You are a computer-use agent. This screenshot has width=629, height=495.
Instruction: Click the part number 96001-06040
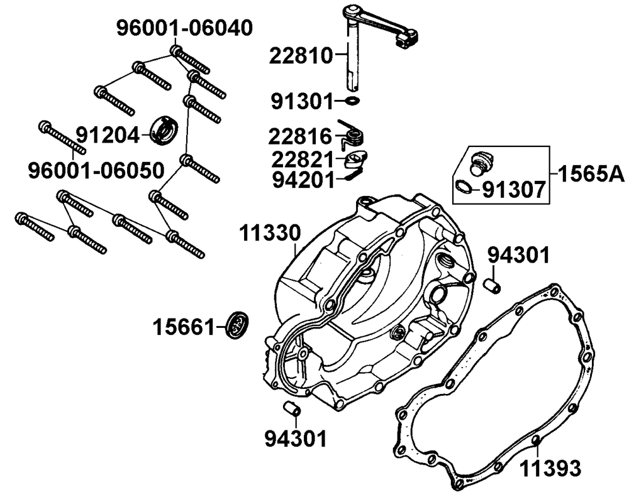[x=185, y=29]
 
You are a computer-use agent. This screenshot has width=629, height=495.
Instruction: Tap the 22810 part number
[x=300, y=56]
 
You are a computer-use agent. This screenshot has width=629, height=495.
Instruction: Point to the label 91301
[x=300, y=100]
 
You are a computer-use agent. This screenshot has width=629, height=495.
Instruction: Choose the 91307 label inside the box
[x=513, y=188]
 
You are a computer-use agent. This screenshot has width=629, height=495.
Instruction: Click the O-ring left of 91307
[x=464, y=186]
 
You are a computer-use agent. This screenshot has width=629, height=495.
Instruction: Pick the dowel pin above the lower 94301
[x=291, y=408]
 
